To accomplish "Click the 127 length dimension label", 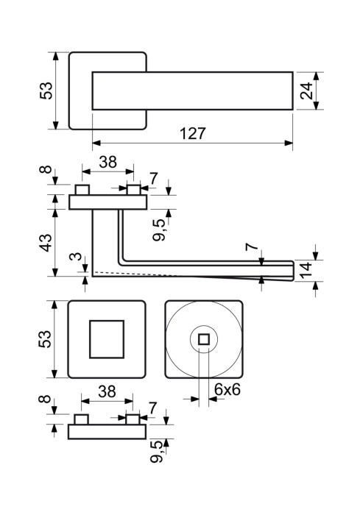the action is tap(193, 133).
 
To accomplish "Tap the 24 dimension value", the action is tap(307, 90).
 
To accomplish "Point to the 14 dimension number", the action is tap(306, 270).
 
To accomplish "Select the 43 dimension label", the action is tap(46, 243).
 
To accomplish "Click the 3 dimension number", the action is tap(77, 256).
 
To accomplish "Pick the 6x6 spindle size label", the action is tap(227, 389).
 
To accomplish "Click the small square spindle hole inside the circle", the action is tap(204, 339).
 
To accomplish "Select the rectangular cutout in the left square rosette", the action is tap(107, 339).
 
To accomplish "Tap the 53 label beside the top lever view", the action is tap(46, 90).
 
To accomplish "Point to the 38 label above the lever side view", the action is tap(107, 162).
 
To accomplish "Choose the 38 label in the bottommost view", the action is tap(107, 391).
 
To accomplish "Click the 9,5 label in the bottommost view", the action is tap(157, 452).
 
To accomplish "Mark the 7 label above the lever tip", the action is tap(250, 246).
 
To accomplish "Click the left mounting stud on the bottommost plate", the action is tap(81, 419).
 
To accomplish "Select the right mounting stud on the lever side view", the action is tap(134, 190).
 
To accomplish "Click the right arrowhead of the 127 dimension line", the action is tap(289, 143).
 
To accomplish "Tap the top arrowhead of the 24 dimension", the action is tap(317, 77).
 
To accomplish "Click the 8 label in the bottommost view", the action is tap(45, 399).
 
